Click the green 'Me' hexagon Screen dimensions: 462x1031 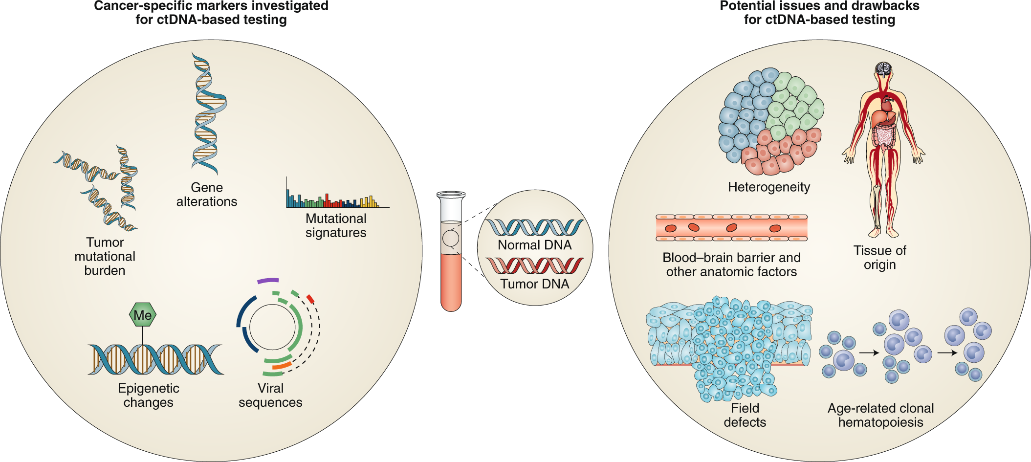tap(143, 315)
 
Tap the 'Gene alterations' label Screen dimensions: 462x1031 tap(207, 195)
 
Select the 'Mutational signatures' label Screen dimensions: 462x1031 tap(336, 225)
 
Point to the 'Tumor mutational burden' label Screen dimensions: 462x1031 tap(105, 256)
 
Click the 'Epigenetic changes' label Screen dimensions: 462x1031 tap(149, 395)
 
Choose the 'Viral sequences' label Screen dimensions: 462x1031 tap(270, 395)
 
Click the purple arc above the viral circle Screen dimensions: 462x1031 tap(268, 281)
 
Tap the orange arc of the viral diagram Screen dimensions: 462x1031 tap(282, 365)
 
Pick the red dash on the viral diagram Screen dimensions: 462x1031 tap(310, 299)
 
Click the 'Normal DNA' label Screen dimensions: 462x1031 tap(534, 245)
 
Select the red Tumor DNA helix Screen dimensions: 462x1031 tap(534, 265)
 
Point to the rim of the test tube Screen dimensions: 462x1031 tap(451, 195)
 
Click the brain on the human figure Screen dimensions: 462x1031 tap(884, 68)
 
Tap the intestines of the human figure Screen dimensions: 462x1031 tap(884, 135)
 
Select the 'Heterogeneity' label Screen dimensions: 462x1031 tap(769, 187)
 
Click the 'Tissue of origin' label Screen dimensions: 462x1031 tap(879, 258)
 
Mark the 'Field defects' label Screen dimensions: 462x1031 tap(745, 415)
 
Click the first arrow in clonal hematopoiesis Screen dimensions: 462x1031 tap(869, 352)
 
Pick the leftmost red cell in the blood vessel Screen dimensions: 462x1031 tap(671, 228)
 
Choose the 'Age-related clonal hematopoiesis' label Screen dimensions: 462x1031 tap(880, 415)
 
